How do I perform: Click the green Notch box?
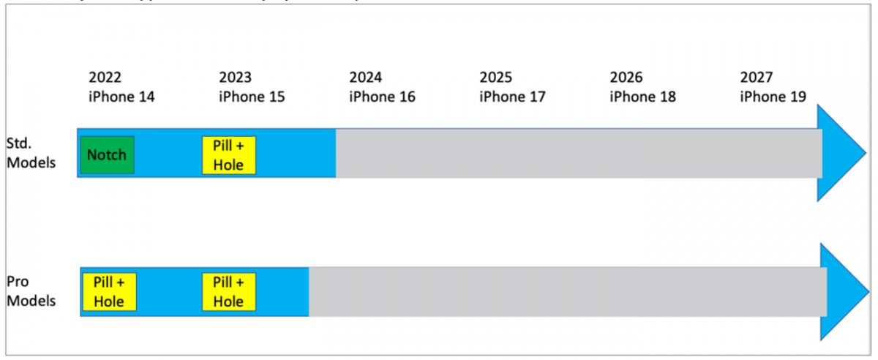click(107, 154)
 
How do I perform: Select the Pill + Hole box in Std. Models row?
click(229, 155)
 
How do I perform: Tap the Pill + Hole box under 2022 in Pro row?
click(110, 291)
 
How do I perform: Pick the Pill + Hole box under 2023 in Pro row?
click(229, 291)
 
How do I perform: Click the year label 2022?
click(105, 78)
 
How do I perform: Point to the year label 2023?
click(235, 78)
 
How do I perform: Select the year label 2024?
click(366, 78)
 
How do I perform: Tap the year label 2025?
click(496, 78)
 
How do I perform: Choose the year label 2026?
click(626, 78)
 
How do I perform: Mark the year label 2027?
click(757, 78)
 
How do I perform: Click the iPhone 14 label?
click(121, 96)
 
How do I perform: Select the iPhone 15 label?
click(252, 96)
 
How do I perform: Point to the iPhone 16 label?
click(382, 96)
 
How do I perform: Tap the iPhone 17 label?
click(512, 96)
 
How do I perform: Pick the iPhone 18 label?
click(642, 96)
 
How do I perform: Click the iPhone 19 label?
click(773, 96)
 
